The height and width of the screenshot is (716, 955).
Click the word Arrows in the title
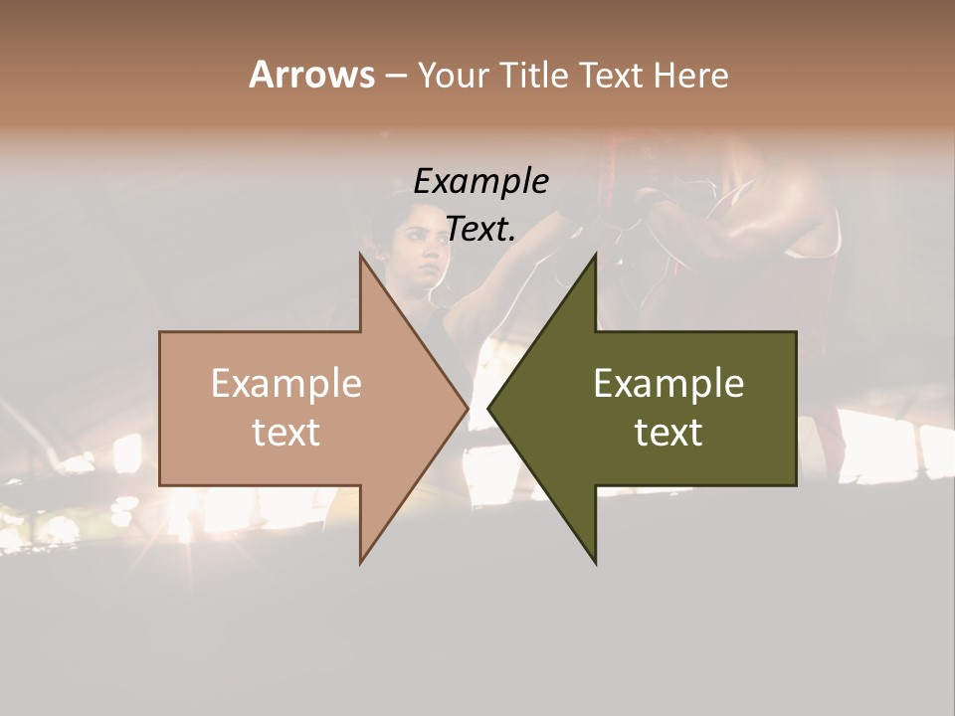pyautogui.click(x=311, y=75)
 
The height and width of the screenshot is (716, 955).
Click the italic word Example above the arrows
pyautogui.click(x=480, y=182)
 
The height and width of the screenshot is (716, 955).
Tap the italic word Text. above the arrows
pyautogui.click(x=480, y=229)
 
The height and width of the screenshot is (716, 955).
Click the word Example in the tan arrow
pyautogui.click(x=286, y=384)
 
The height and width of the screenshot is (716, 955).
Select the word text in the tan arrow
pyautogui.click(x=286, y=433)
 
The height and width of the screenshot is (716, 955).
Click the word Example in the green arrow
pyautogui.click(x=668, y=384)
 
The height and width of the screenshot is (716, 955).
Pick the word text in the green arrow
pyautogui.click(x=668, y=433)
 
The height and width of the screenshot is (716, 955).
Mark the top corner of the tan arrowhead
pyautogui.click(x=360, y=254)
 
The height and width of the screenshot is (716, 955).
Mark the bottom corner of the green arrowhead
pyautogui.click(x=596, y=563)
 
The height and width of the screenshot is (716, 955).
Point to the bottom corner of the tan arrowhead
pyautogui.click(x=360, y=563)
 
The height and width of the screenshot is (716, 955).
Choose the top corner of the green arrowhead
pyautogui.click(x=596, y=254)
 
